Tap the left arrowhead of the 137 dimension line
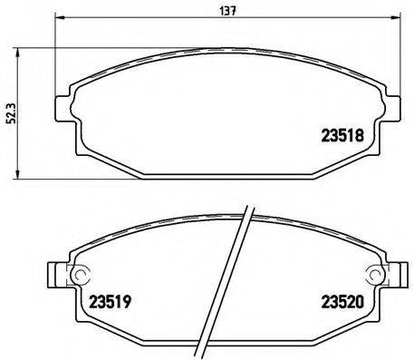[x=59, y=20]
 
